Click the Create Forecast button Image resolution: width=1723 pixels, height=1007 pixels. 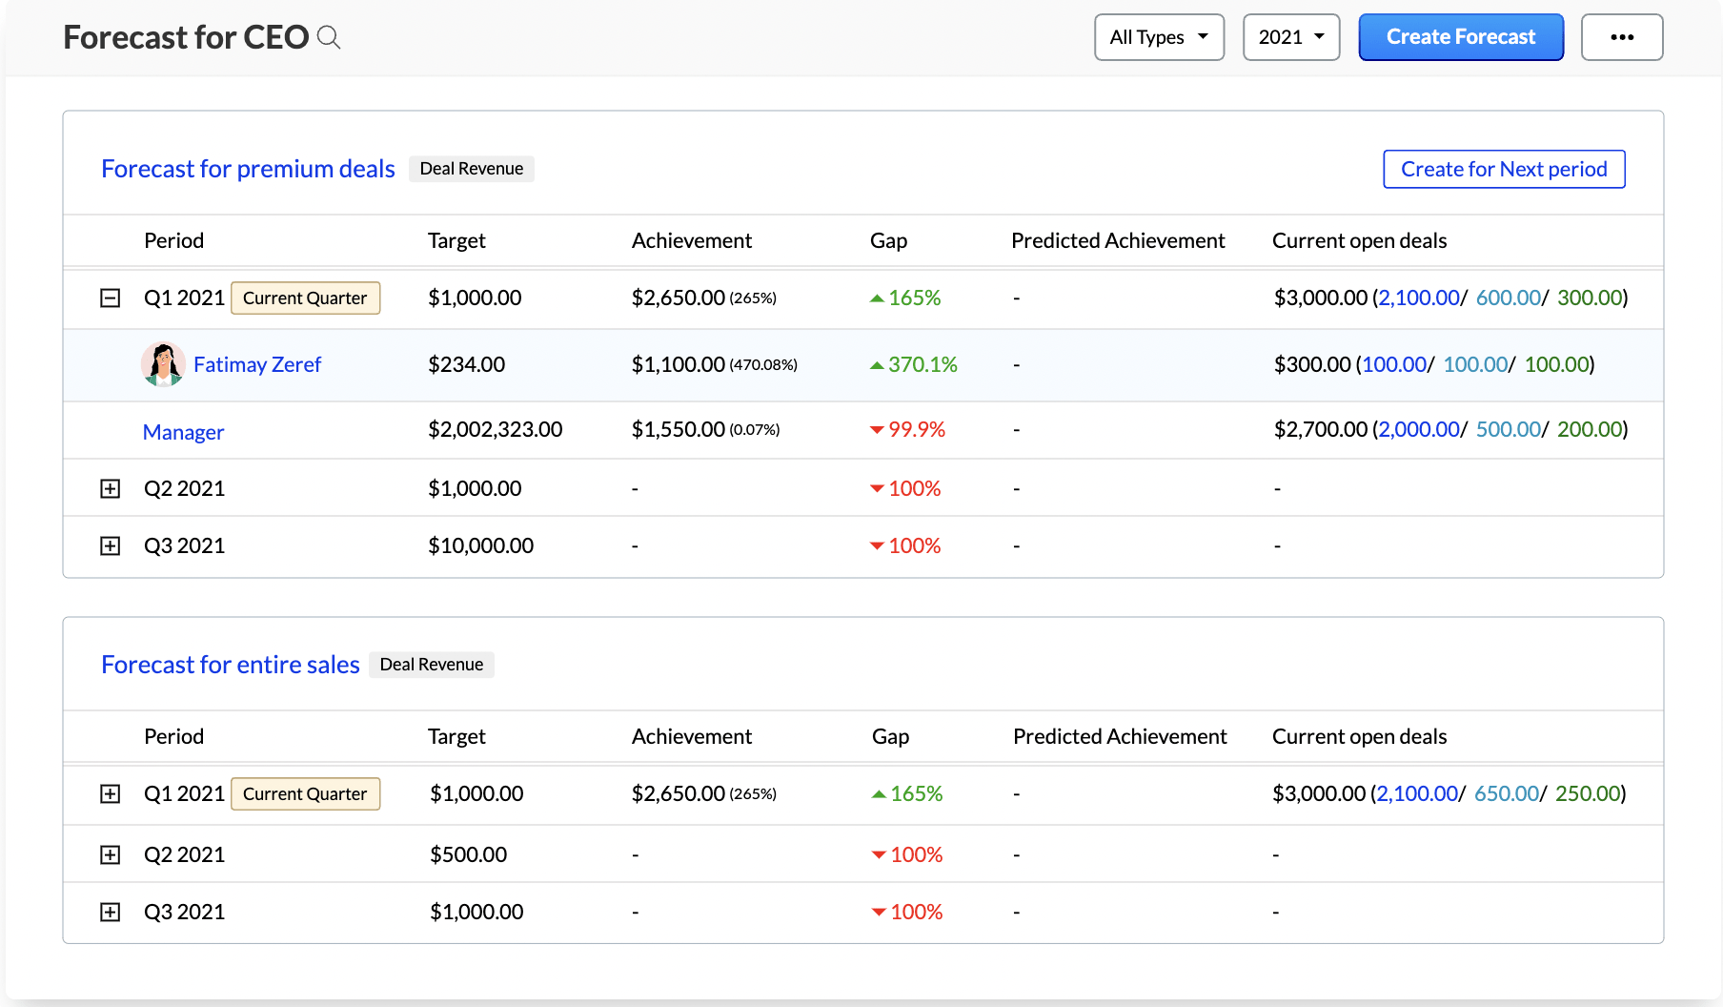point(1460,37)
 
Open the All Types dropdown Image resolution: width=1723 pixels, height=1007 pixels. point(1158,37)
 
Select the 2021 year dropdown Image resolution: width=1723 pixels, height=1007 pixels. point(1290,37)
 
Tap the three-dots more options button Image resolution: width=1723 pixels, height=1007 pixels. point(1621,37)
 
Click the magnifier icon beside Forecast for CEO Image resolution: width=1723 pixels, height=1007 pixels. point(329,37)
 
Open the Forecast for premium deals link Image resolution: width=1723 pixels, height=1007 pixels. point(248,169)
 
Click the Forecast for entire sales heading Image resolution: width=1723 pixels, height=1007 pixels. point(230,665)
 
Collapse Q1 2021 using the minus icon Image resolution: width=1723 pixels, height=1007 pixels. point(111,298)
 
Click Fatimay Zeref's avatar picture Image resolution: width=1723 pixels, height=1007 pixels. point(163,364)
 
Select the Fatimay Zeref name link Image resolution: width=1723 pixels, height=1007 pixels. point(257,364)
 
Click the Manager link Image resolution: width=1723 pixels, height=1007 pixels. point(183,432)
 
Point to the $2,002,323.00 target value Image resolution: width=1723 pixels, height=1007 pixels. point(495,430)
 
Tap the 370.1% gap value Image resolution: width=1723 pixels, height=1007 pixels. point(922,364)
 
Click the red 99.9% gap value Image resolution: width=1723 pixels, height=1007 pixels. point(916,430)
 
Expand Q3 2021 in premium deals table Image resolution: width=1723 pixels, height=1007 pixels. point(111,545)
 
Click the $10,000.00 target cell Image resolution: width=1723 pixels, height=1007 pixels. point(480,545)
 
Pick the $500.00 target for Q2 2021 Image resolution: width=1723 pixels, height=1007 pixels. point(468,854)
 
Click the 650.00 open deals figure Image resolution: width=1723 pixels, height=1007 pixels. point(1506,793)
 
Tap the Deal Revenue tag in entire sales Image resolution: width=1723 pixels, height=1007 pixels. point(431,665)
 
